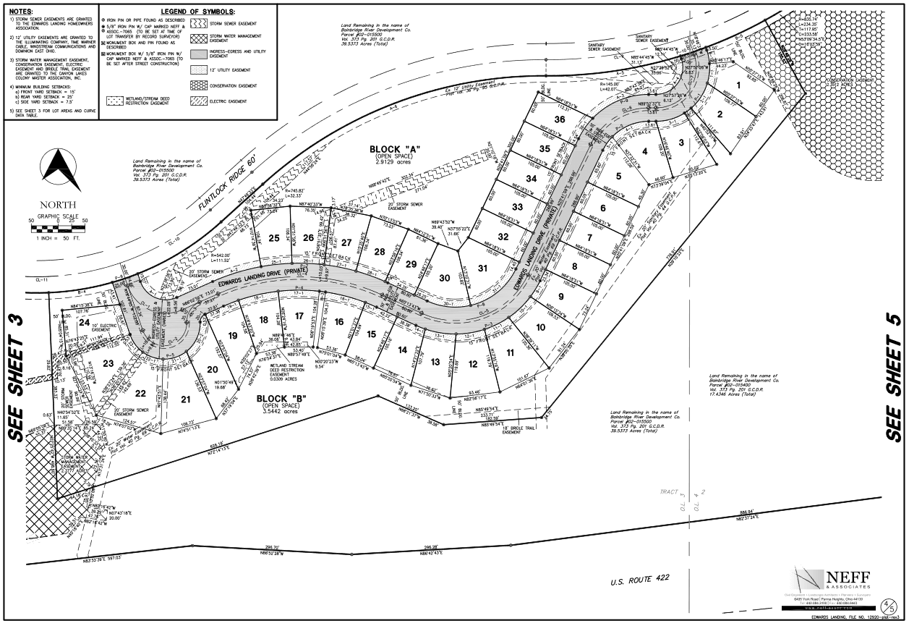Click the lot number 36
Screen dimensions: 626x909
tap(559, 119)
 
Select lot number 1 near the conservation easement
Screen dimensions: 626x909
tap(738, 85)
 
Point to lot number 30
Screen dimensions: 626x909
tap(446, 278)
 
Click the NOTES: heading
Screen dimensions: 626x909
tap(25, 12)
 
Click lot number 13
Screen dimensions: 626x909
tap(435, 362)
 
